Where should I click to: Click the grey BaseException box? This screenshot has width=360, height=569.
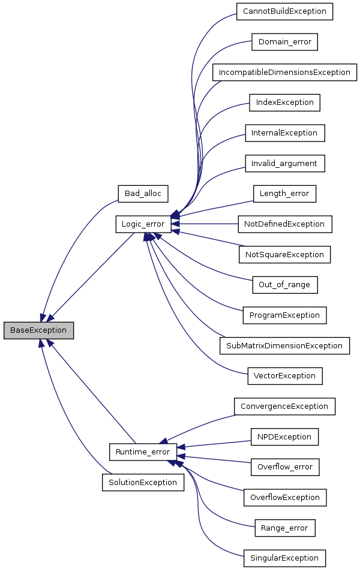tap(38, 330)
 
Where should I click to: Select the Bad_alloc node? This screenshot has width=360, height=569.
tap(143, 193)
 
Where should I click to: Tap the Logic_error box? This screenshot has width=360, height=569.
tap(143, 224)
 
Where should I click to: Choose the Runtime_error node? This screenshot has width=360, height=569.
tap(143, 451)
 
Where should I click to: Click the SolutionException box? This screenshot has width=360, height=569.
tap(143, 482)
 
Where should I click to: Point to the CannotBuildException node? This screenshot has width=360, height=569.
tap(284, 11)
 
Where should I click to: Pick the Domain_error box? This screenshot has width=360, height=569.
tap(284, 42)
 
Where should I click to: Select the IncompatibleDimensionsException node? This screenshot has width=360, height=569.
tap(284, 72)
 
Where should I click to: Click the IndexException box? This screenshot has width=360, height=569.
tap(284, 103)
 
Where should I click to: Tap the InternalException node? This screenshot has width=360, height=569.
tap(284, 133)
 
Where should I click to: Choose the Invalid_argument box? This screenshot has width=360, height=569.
tap(284, 163)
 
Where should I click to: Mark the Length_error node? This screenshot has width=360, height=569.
tap(284, 194)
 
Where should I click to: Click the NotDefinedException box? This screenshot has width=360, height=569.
tap(284, 224)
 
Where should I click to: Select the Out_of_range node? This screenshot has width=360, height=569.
tap(284, 284)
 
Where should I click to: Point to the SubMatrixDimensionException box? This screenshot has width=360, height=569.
tap(284, 345)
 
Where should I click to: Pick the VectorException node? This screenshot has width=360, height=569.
tap(284, 376)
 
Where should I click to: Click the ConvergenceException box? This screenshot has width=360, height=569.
tap(284, 407)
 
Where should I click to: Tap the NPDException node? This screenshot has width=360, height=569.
tap(284, 436)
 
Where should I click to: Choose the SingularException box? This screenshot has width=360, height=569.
tap(284, 558)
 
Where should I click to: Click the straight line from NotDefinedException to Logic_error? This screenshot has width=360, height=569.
tap(210, 224)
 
